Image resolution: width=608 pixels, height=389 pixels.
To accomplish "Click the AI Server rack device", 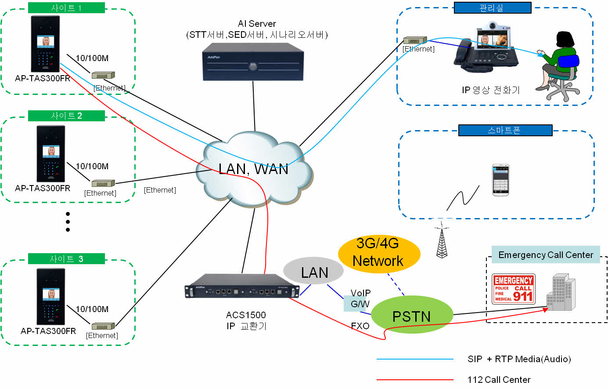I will click(x=253, y=65).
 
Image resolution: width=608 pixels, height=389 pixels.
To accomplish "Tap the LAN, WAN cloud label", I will click(x=253, y=169).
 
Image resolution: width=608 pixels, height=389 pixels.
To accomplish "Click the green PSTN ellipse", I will click(x=412, y=316).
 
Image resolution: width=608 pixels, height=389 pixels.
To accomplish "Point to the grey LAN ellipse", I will click(x=313, y=272).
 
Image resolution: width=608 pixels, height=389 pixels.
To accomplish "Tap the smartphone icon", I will click(x=500, y=180).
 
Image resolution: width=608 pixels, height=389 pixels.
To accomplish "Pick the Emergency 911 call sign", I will click(x=513, y=288).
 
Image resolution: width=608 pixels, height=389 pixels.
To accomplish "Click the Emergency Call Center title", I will click(x=545, y=255).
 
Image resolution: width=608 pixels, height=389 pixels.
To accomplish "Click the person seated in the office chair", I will click(x=558, y=66).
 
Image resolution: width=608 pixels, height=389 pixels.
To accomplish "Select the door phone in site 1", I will click(x=45, y=44).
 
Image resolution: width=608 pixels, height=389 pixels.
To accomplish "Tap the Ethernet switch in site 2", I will click(x=103, y=183).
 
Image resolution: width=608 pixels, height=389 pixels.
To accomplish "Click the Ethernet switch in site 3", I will click(x=103, y=326).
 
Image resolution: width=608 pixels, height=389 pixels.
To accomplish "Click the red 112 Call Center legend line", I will click(x=415, y=379).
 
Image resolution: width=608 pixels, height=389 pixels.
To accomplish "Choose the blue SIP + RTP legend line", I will click(x=415, y=359).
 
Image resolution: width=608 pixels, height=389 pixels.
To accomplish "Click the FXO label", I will click(x=360, y=326).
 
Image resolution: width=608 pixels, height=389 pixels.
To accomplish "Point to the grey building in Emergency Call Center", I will click(x=561, y=292).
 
